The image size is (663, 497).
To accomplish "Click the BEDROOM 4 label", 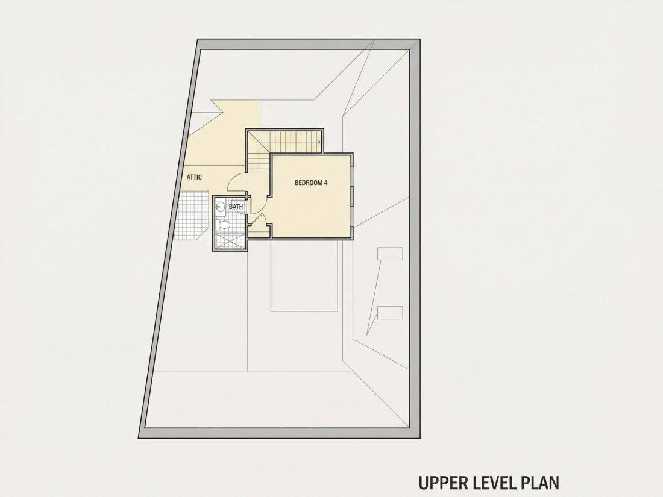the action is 311,183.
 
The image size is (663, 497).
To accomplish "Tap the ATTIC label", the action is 194,178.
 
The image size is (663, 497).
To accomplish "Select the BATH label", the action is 236,207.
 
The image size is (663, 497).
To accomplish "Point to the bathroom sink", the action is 220,207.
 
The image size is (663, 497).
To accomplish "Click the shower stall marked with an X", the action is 230,240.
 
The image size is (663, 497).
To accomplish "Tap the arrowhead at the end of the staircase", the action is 319,142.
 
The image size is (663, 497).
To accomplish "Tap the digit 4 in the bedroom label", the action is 325,183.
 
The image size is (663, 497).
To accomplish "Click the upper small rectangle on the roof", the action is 390,254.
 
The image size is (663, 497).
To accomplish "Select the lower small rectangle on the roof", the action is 390,313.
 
